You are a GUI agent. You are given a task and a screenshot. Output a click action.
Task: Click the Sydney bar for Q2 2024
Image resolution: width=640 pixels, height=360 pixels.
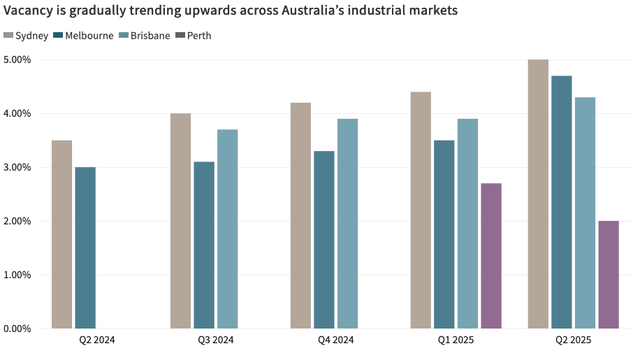point(61,234)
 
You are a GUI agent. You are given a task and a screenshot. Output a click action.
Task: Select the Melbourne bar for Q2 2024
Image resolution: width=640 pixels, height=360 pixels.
point(85,247)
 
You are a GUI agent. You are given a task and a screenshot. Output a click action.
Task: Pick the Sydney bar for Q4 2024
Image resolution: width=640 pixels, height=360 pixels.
point(300,215)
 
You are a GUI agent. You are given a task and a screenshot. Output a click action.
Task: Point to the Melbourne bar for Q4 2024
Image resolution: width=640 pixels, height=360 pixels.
point(324,240)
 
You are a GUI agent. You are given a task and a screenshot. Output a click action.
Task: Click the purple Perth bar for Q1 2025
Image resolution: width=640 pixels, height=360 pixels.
point(491,256)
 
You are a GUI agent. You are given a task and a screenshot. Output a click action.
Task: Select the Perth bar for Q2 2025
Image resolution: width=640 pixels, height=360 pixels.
point(609,275)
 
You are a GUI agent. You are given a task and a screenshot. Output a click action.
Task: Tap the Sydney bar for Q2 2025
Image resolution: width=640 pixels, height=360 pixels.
point(538,194)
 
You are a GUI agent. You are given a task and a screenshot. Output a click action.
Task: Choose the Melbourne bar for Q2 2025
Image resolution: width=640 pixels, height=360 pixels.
point(562,202)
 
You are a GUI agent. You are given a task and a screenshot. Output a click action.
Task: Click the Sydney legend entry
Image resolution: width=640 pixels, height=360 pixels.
point(26,36)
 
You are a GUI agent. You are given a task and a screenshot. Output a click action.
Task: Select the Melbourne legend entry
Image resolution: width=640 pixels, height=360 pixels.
point(83,36)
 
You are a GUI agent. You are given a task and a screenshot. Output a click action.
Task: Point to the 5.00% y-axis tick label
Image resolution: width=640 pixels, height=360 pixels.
point(17,59)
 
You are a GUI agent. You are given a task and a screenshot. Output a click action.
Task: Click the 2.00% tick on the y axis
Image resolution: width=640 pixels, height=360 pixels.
point(17,221)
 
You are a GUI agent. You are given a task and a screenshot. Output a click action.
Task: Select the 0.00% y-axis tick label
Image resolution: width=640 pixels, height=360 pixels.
point(17,329)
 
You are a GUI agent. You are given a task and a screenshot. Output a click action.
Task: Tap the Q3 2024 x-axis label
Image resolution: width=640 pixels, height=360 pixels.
point(216,340)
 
